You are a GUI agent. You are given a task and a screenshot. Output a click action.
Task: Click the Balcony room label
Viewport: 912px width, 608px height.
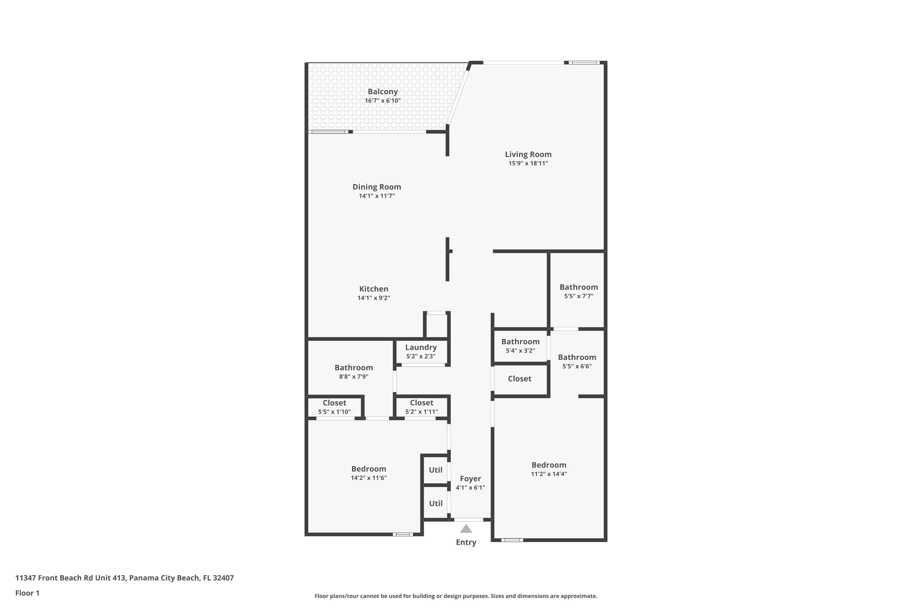coord(382,92)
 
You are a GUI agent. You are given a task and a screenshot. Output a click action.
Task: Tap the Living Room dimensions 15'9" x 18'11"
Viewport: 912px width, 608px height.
coord(528,163)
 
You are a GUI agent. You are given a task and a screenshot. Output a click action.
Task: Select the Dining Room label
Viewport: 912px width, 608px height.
coord(377,187)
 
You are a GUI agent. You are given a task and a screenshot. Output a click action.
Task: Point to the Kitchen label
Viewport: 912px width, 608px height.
coord(373,289)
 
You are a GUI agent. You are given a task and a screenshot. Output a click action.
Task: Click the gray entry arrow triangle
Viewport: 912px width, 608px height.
coord(466,529)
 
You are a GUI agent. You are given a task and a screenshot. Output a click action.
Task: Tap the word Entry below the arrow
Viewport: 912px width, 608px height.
coord(466,542)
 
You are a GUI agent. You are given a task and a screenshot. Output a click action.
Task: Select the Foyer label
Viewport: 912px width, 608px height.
coord(470,479)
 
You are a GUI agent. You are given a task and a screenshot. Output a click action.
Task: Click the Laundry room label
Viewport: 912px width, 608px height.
coord(421,347)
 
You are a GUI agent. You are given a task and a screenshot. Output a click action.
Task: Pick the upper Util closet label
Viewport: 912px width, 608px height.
coord(435,470)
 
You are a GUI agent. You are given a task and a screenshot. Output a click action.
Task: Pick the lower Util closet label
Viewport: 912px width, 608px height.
coord(435,503)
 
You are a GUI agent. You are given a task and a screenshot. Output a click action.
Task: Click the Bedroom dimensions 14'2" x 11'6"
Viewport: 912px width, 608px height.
coord(368,478)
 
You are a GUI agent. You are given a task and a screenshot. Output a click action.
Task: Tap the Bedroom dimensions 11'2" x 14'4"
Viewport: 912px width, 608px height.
coord(549,474)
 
